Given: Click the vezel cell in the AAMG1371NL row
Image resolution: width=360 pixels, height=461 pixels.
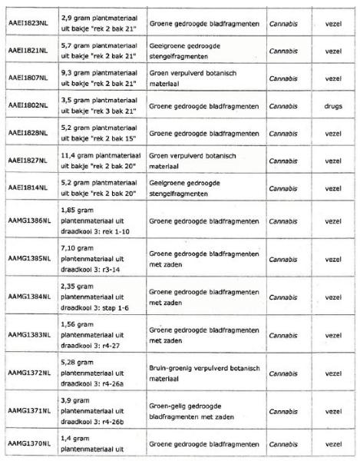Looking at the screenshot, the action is tap(332, 410).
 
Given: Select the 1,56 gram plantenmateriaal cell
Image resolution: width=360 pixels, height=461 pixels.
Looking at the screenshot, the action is tap(91, 334).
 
